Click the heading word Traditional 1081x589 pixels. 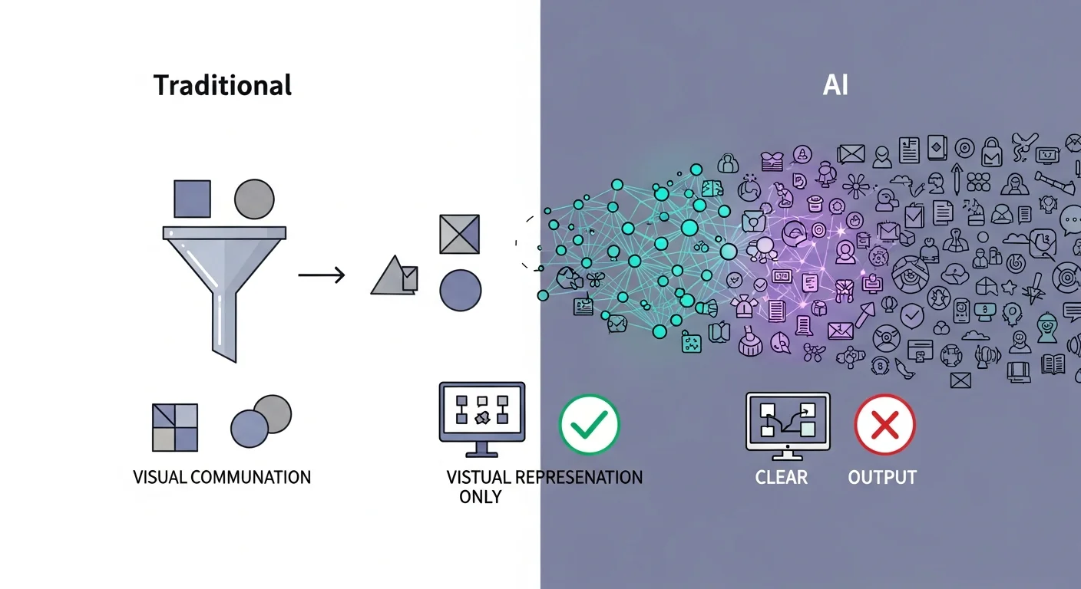pyautogui.click(x=223, y=84)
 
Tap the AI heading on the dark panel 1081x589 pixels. pyautogui.click(x=835, y=84)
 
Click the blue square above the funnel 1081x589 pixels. pyautogui.click(x=192, y=199)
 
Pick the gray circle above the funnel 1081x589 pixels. pyautogui.click(x=253, y=199)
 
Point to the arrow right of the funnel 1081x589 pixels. pyautogui.click(x=321, y=274)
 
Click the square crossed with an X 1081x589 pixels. pyautogui.click(x=460, y=234)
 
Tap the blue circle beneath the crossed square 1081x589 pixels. pyautogui.click(x=460, y=290)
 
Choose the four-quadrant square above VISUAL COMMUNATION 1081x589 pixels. pyautogui.click(x=175, y=427)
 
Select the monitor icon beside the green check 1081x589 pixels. pyautogui.click(x=481, y=414)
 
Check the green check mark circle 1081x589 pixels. pyautogui.click(x=589, y=424)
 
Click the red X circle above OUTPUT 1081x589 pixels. pyautogui.click(x=884, y=424)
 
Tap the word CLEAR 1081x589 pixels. pyautogui.click(x=781, y=477)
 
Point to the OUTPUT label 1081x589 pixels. pyautogui.click(x=882, y=477)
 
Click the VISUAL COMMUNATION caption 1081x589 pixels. pyautogui.click(x=222, y=477)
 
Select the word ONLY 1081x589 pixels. pyautogui.click(x=481, y=496)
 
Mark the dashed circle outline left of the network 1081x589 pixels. pyautogui.click(x=528, y=242)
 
